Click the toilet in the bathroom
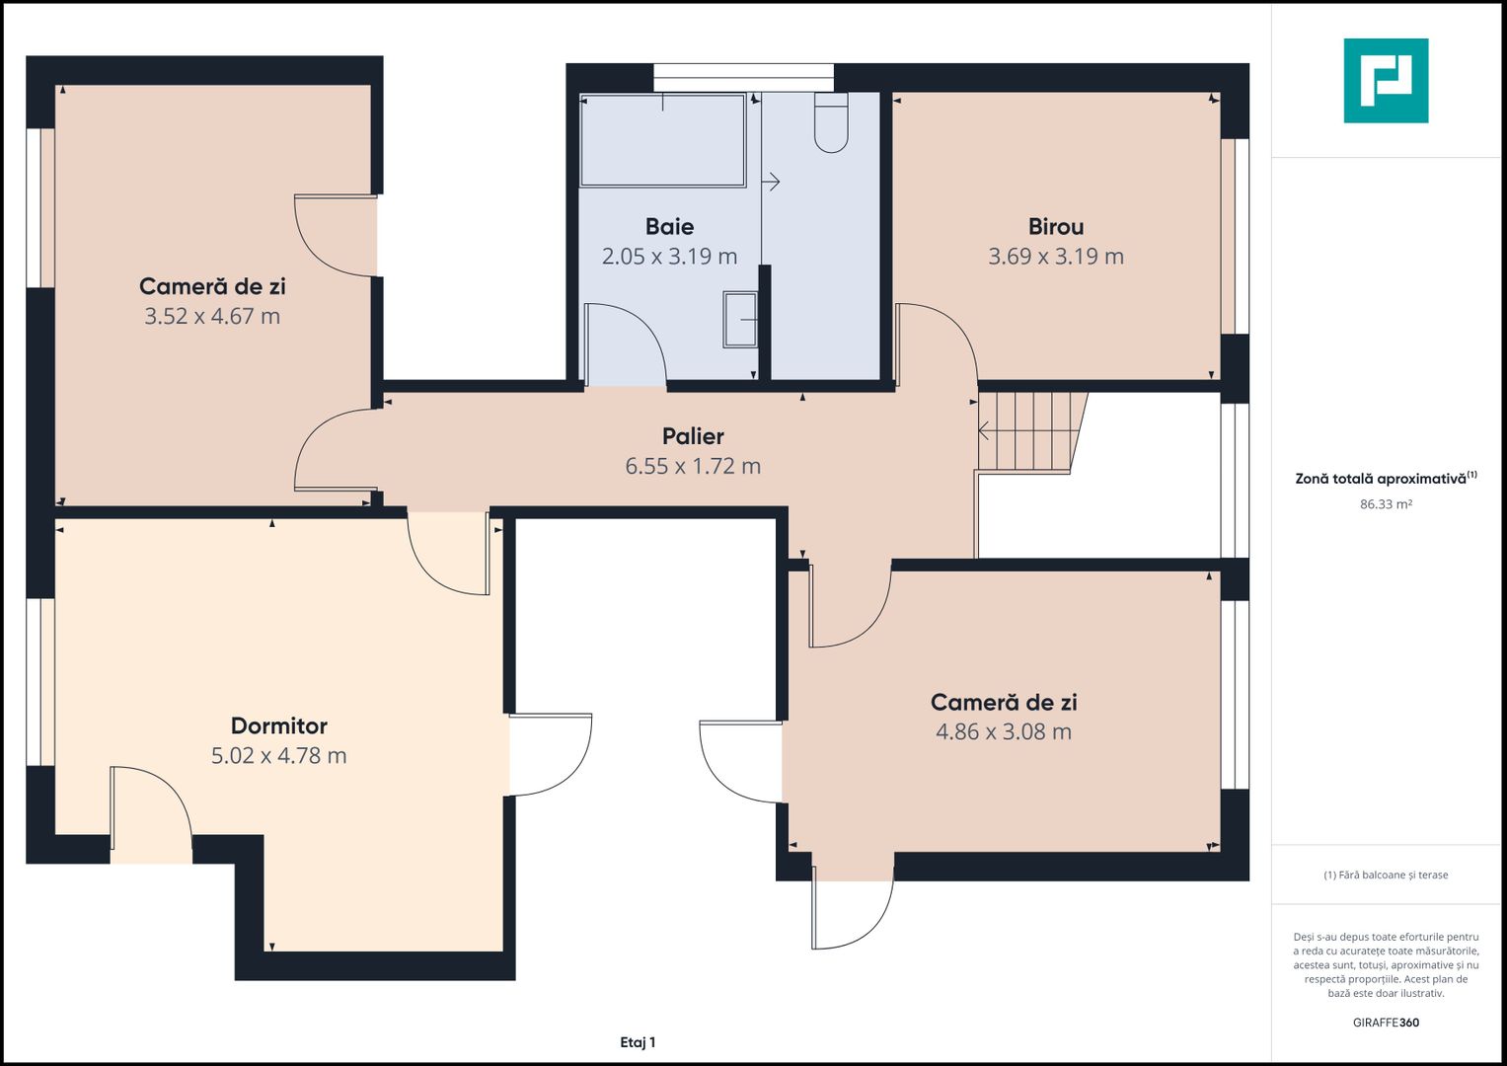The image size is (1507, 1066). click(x=831, y=122)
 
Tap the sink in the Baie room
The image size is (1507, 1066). click(x=740, y=320)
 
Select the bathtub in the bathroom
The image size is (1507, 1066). click(x=662, y=140)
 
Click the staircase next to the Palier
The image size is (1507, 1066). click(x=1031, y=433)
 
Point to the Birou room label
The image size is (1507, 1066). click(x=1056, y=227)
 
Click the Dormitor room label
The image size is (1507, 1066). click(x=279, y=725)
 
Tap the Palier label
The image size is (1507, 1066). click(x=693, y=436)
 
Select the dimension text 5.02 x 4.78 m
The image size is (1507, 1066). click(x=279, y=755)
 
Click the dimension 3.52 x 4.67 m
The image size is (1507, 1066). click(x=212, y=316)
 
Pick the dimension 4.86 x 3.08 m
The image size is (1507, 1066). click(x=1004, y=731)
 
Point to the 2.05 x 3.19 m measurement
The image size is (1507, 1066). click(x=669, y=257)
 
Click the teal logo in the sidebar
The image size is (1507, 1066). click(x=1386, y=81)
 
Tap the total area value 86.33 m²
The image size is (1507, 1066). click(x=1386, y=504)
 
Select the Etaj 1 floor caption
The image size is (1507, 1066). click(x=638, y=1042)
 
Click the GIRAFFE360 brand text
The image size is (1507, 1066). click(x=1386, y=1023)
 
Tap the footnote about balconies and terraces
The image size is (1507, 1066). click(x=1386, y=875)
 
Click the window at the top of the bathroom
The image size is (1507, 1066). click(x=743, y=77)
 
